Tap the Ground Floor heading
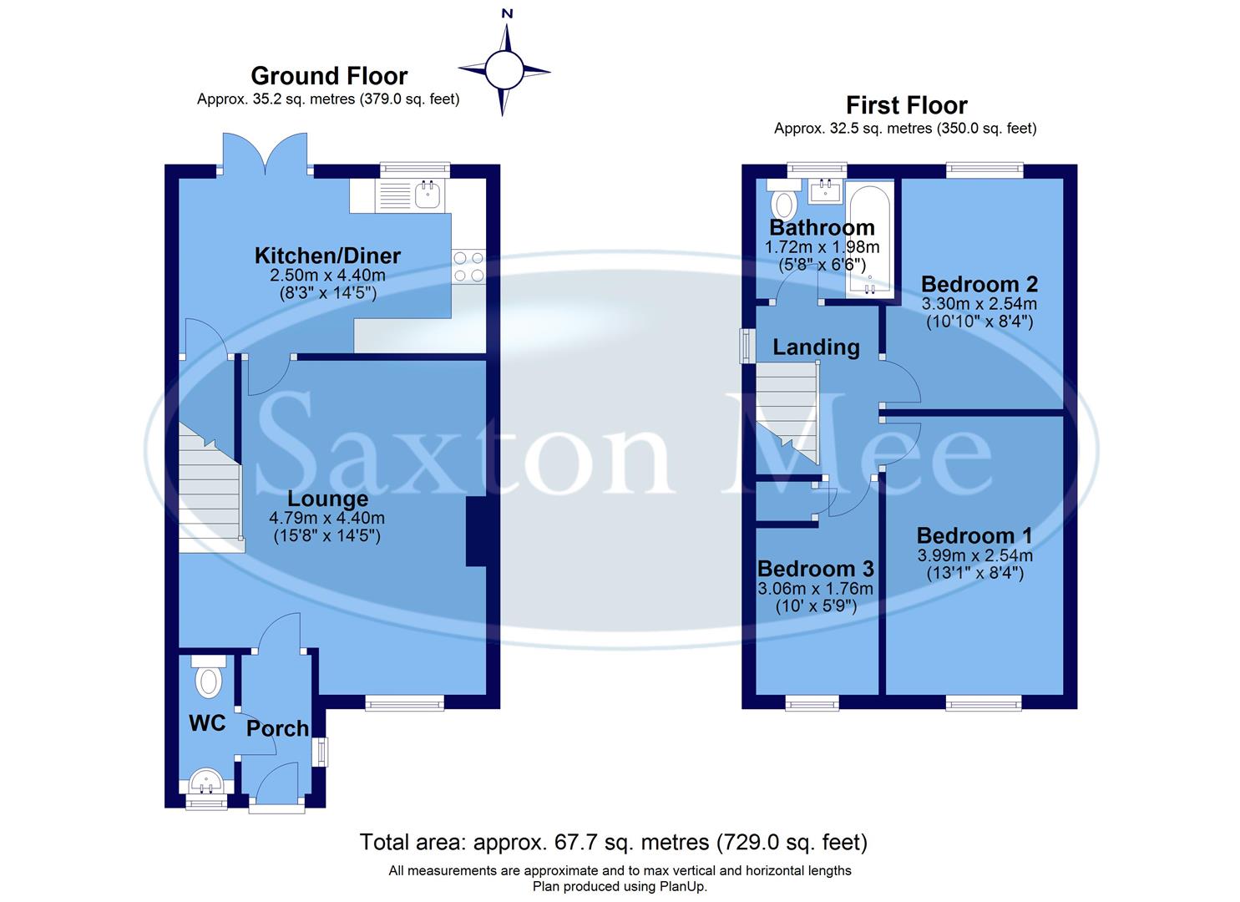[x=329, y=76]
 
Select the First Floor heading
[x=906, y=105]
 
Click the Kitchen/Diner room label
[x=327, y=256]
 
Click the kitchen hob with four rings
[x=468, y=266]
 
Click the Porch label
[x=277, y=728]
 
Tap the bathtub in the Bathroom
[x=869, y=242]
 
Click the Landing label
[x=815, y=347]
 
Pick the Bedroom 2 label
[x=979, y=284]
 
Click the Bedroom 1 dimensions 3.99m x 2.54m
[x=974, y=555]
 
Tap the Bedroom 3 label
[x=815, y=569]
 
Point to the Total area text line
[x=613, y=842]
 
